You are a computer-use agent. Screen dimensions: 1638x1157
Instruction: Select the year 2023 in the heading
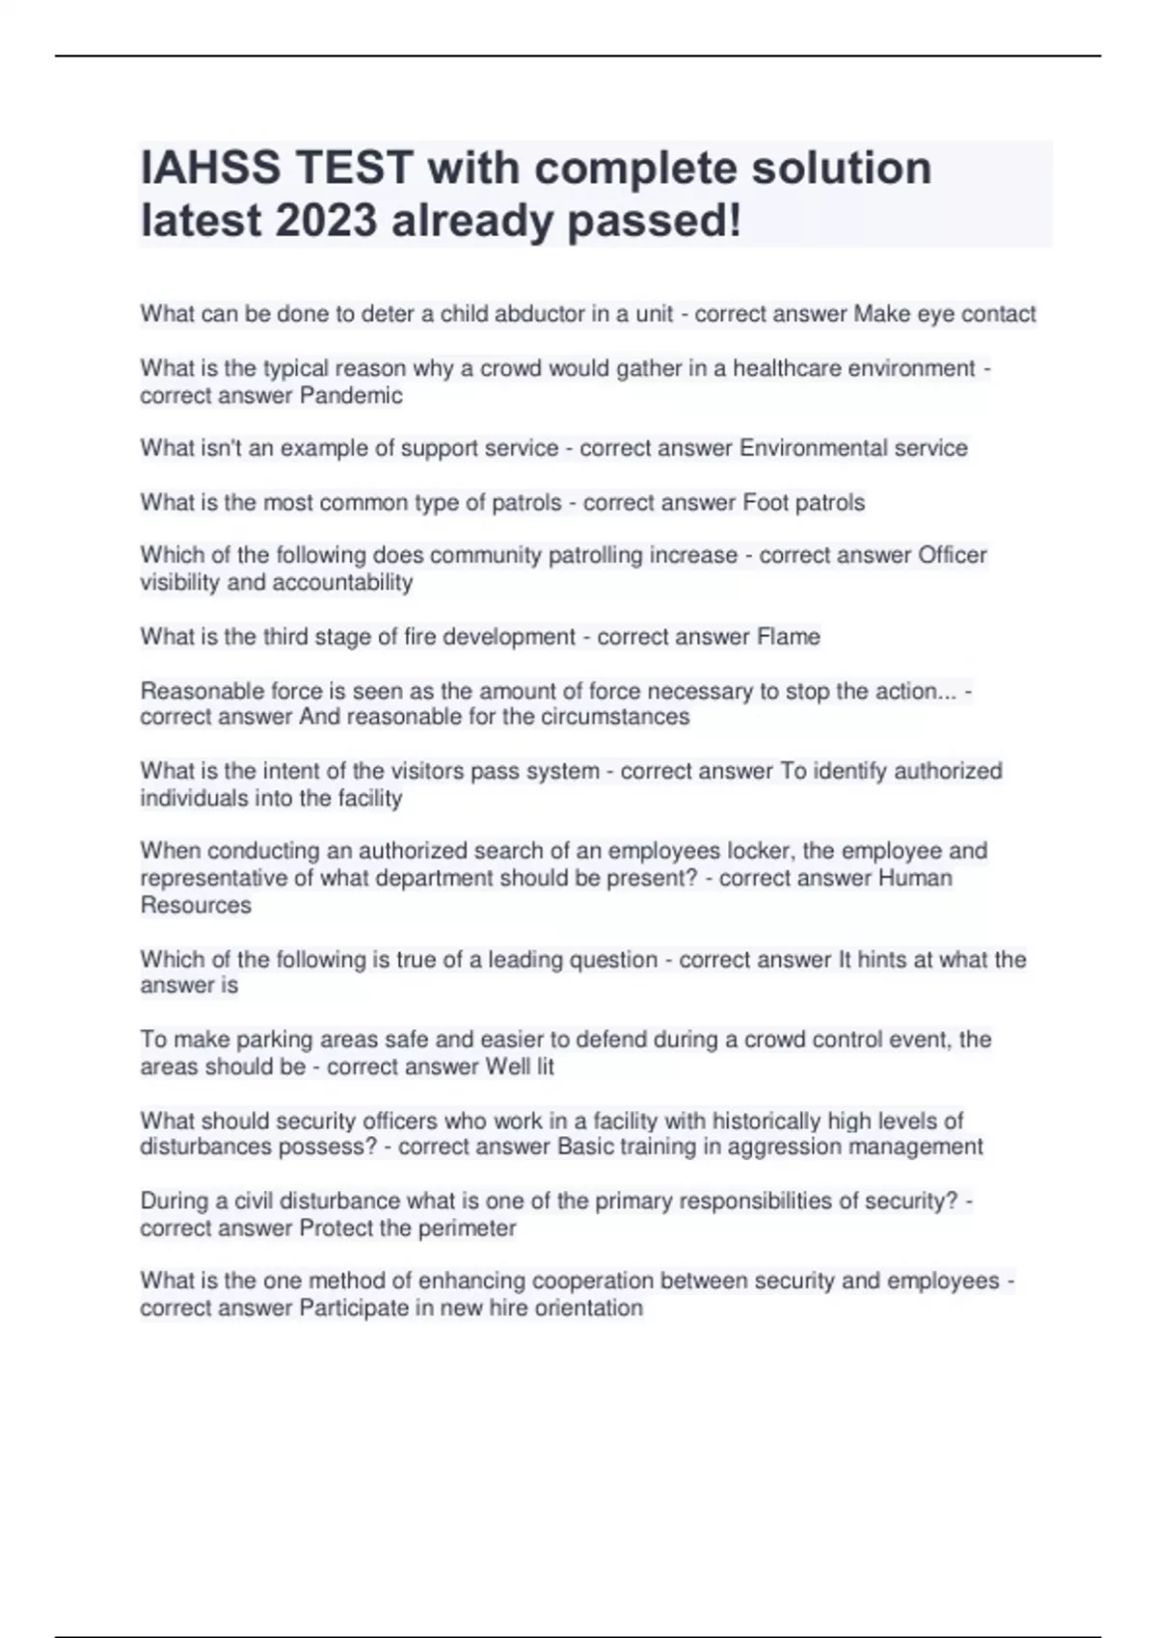pos(326,222)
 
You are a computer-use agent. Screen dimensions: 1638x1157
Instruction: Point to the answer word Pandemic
pos(351,396)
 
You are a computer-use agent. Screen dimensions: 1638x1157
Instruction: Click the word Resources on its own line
pos(196,906)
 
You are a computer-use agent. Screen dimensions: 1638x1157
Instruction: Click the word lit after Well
pos(545,1067)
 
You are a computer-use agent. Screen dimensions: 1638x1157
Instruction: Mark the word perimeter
pos(467,1228)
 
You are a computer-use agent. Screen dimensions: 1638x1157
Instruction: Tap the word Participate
pos(354,1308)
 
